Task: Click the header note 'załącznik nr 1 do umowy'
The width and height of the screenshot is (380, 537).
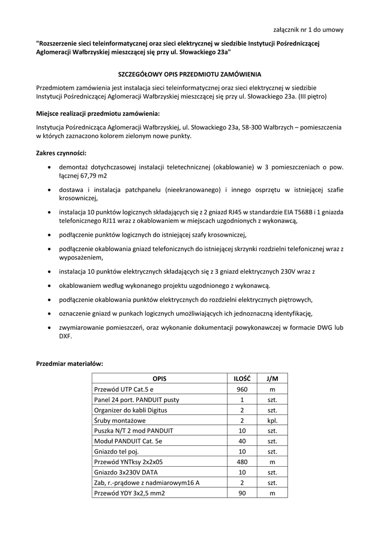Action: pyautogui.click(x=309, y=29)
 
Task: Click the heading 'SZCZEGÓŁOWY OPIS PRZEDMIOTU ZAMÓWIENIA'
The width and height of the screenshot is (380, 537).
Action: pyautogui.click(x=189, y=74)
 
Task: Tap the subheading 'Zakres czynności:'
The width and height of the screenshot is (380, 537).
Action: pyautogui.click(x=61, y=153)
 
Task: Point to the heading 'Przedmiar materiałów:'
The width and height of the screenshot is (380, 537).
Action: pyautogui.click(x=69, y=363)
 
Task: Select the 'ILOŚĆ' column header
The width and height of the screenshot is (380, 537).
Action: pyautogui.click(x=242, y=379)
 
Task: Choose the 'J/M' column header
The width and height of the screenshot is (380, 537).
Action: pyautogui.click(x=272, y=379)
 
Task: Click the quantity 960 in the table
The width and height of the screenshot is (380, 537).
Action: pyautogui.click(x=242, y=389)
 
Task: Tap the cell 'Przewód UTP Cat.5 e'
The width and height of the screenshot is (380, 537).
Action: pyautogui.click(x=124, y=389)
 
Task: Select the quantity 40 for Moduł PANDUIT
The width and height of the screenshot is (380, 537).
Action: pyautogui.click(x=242, y=442)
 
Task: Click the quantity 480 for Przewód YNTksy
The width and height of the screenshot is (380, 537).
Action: pyautogui.click(x=242, y=463)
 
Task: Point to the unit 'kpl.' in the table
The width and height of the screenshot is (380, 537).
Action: pyautogui.click(x=272, y=421)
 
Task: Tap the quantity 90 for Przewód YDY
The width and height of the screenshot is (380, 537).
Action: pyautogui.click(x=242, y=494)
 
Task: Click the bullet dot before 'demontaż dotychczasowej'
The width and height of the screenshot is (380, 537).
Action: pyautogui.click(x=49, y=167)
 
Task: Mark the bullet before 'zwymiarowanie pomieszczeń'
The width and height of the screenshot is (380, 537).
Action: pyautogui.click(x=49, y=328)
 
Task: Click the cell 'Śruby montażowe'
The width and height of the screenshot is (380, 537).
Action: pyautogui.click(x=120, y=421)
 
